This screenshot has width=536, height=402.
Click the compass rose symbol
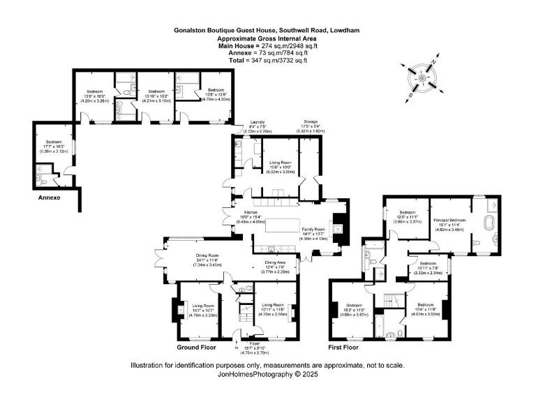click(422, 77)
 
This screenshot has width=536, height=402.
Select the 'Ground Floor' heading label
click(197, 347)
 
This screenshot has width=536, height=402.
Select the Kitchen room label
click(251, 214)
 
